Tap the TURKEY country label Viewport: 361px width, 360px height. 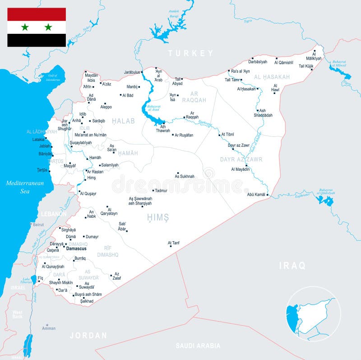[x=190, y=53]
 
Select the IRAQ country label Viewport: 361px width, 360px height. [x=292, y=265]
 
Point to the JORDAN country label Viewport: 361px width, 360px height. [x=88, y=336]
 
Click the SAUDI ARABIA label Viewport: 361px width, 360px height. [x=198, y=346]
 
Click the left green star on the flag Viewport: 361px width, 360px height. [x=25, y=27]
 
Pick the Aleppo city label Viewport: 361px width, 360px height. [x=106, y=107]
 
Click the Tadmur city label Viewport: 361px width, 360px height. [x=161, y=191]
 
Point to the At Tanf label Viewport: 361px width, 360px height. [x=174, y=243]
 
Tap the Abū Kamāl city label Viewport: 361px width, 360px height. [x=256, y=195]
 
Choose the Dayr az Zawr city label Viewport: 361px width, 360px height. [x=238, y=145]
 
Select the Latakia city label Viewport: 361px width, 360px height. [x=38, y=140]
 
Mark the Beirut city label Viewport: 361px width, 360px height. [x=38, y=224]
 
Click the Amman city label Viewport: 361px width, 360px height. [x=49, y=328]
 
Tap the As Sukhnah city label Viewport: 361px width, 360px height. [x=185, y=177]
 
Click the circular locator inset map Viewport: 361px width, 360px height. [x=314, y=314]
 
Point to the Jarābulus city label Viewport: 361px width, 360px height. [x=132, y=72]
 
